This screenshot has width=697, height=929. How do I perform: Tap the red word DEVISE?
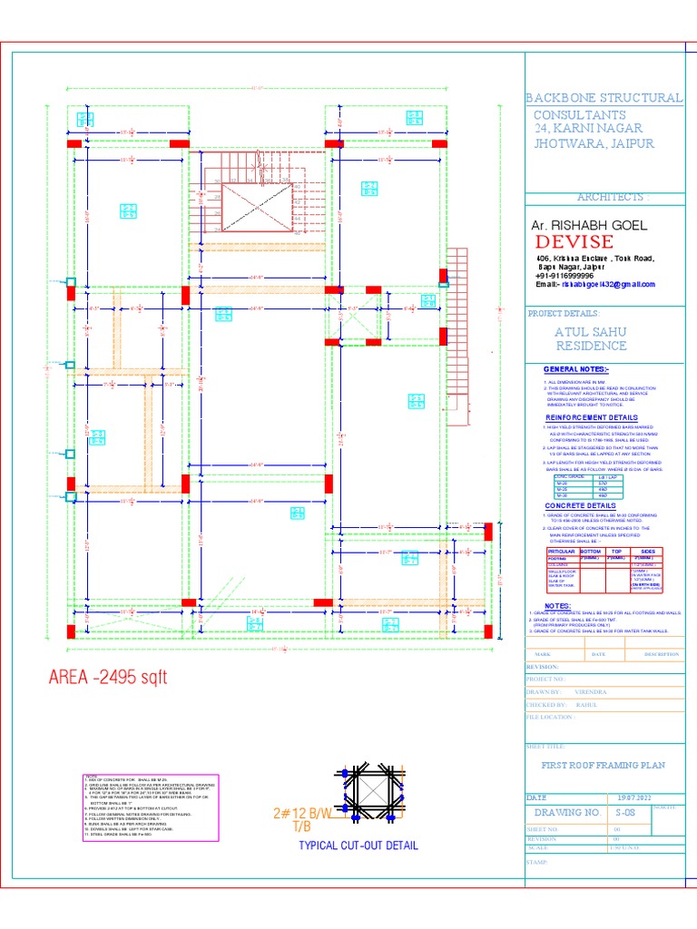click(574, 241)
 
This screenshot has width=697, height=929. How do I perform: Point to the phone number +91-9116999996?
click(564, 276)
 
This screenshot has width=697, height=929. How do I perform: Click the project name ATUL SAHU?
click(590, 332)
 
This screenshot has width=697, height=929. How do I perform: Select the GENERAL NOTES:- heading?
click(576, 370)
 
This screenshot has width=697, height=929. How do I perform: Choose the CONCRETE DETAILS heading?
click(581, 505)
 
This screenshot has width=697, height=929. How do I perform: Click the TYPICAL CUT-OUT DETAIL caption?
click(358, 846)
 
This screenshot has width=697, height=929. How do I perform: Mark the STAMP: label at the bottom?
click(538, 862)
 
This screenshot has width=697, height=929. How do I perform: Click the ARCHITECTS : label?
click(614, 198)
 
